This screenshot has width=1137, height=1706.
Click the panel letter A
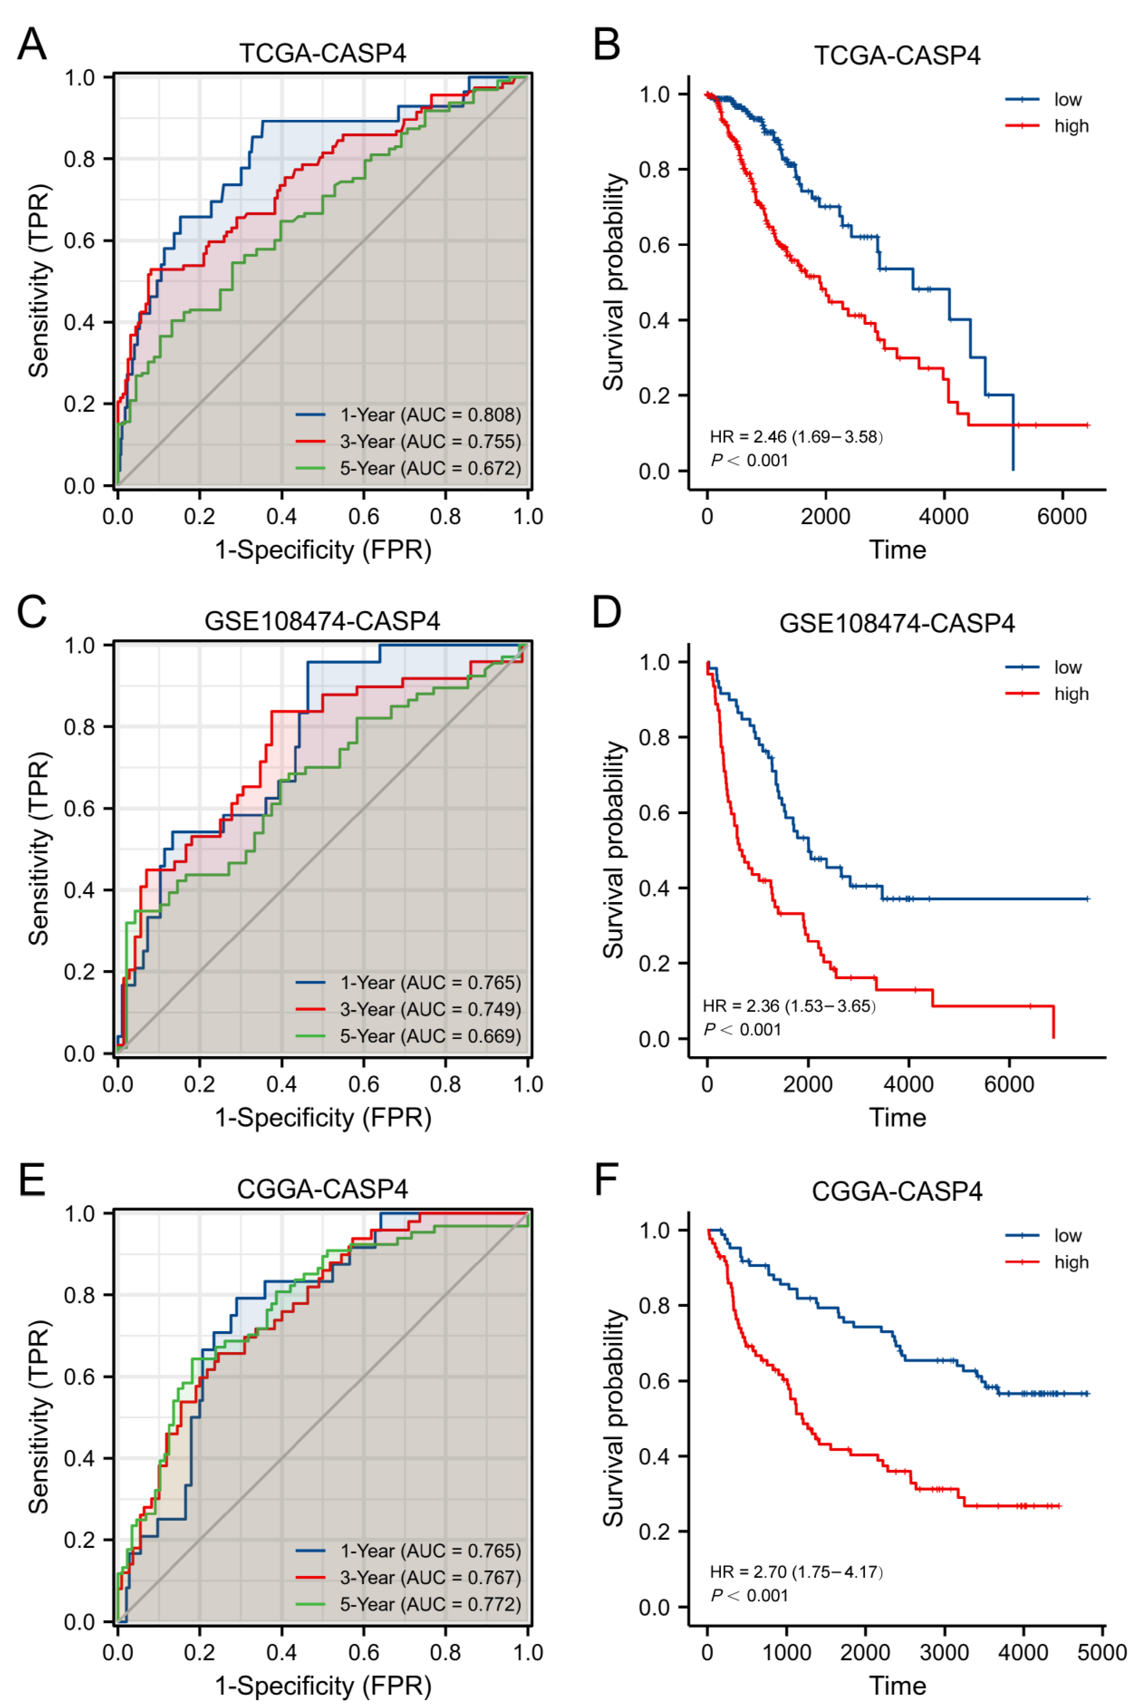pos(32,45)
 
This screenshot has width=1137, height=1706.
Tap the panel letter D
pos(607,613)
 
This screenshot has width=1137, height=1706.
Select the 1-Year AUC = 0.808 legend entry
pos(430,415)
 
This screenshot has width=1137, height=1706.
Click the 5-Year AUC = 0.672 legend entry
pos(430,469)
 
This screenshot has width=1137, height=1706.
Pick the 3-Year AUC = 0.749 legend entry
pos(430,1009)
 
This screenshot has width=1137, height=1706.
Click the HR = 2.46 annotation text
pos(795,436)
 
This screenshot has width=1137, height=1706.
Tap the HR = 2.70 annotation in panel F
pos(795,1572)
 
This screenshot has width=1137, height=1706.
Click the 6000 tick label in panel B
pos(1062,517)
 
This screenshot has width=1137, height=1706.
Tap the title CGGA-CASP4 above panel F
pos(897,1191)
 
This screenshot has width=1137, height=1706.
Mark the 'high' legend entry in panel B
pos(1071,126)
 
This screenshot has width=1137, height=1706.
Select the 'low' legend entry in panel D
pos(1067,667)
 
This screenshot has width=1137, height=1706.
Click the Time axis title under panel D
pos(898,1117)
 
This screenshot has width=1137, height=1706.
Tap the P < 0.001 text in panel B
pos(749,461)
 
